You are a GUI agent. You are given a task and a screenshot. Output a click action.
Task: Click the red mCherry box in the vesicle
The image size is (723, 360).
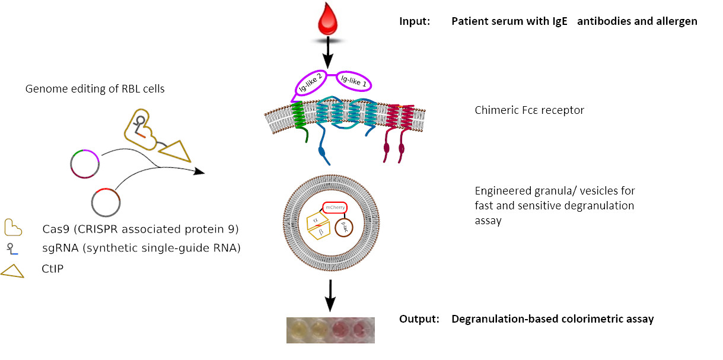(336, 208)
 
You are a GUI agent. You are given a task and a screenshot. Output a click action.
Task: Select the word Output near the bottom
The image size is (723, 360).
(419, 319)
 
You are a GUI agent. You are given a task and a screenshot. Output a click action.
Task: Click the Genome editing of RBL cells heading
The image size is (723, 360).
(95, 89)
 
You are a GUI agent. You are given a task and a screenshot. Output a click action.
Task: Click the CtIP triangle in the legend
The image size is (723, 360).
(12, 270)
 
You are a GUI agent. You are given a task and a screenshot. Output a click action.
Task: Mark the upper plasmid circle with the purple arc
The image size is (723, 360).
(85, 164)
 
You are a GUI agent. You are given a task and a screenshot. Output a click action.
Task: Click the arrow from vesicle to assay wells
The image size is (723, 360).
(331, 295)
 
